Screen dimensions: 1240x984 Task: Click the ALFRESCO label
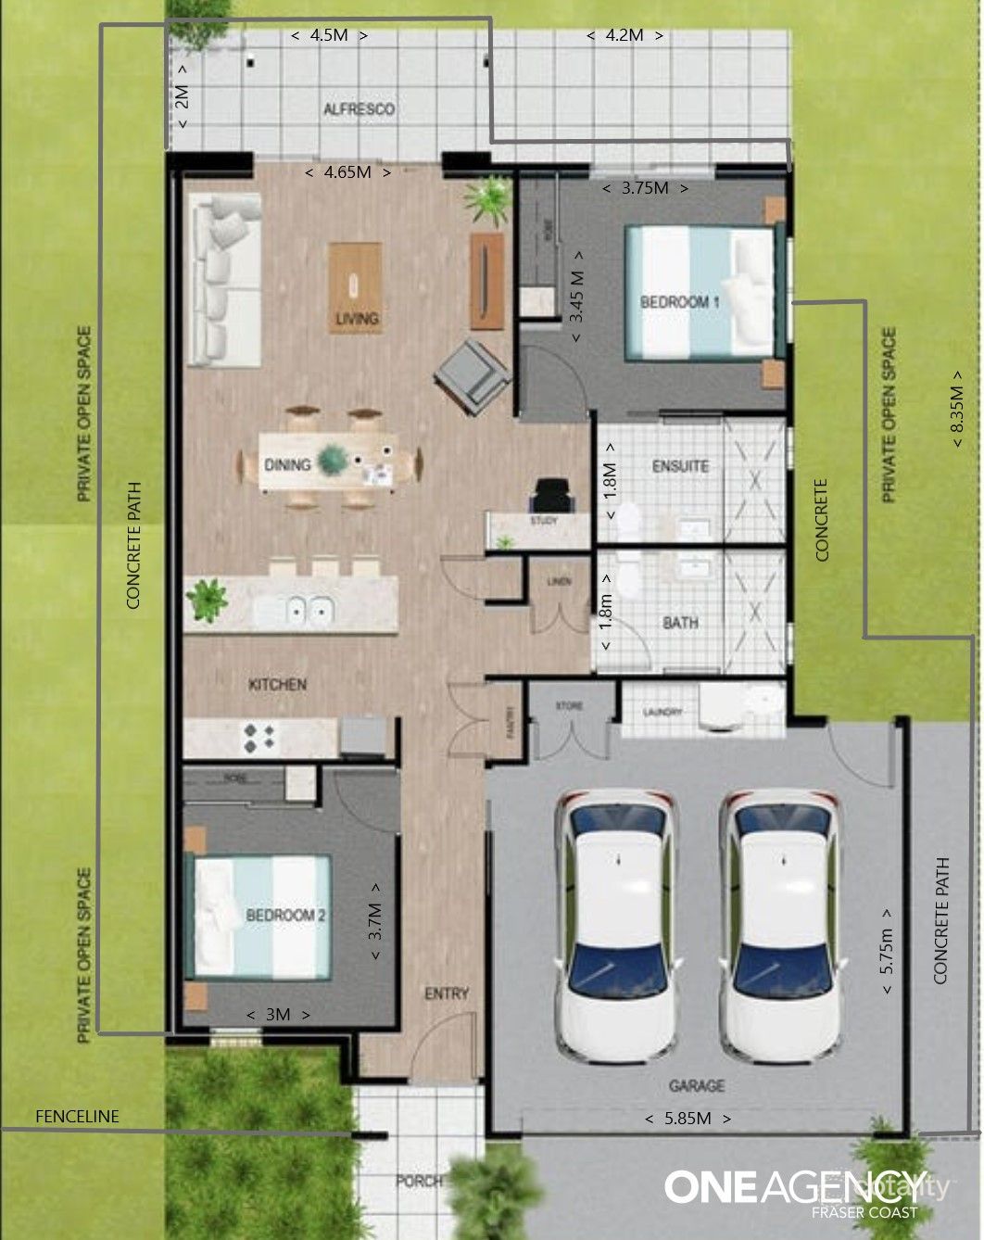[x=359, y=109]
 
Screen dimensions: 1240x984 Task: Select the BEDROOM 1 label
[x=680, y=302]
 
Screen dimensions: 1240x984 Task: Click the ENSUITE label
[x=680, y=466]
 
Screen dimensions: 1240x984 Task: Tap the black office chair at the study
[x=554, y=495]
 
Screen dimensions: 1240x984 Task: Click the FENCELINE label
[x=77, y=1116]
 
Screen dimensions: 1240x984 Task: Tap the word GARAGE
[x=697, y=1085]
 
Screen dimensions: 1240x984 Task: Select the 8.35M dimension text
[x=957, y=409]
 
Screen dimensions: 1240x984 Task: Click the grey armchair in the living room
[x=472, y=374]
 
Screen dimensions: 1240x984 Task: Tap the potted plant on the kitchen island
[x=208, y=599]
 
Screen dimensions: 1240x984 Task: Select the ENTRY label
[x=447, y=993]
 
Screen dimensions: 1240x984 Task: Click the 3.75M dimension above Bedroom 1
[x=645, y=188]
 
